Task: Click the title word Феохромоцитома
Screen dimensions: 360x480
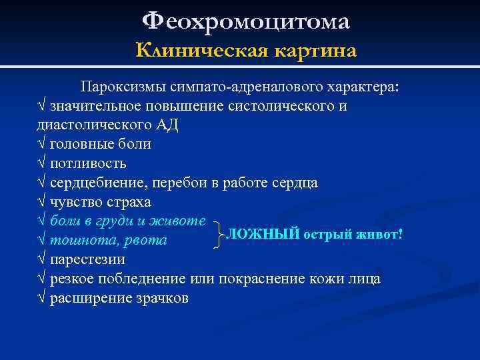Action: (246, 21)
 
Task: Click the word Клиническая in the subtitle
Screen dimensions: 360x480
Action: (191, 51)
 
